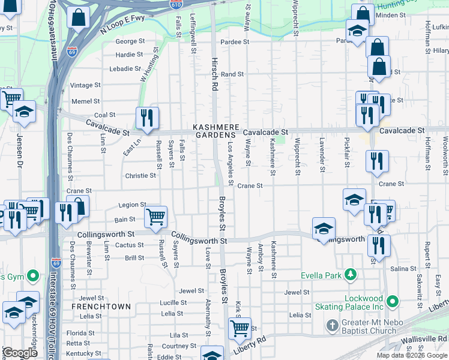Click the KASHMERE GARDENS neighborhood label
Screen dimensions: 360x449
tap(216, 131)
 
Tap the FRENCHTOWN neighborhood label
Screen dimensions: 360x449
tap(101, 307)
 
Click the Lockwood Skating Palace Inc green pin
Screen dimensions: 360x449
tap(393, 300)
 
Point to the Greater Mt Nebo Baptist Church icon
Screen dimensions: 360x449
tap(332, 325)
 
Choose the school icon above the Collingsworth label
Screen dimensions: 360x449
tap(324, 227)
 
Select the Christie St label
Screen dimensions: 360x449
tap(140, 176)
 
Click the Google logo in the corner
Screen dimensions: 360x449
tap(20, 353)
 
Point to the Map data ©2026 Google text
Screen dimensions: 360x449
tap(411, 355)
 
